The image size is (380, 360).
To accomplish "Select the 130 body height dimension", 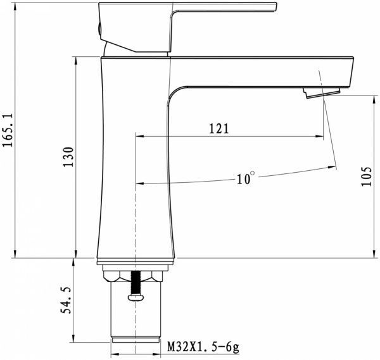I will click(x=69, y=156).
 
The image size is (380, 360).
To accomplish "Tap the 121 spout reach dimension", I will click(x=218, y=129).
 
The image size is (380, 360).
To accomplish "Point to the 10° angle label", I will click(x=246, y=178).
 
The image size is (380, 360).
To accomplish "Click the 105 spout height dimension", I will click(x=365, y=177).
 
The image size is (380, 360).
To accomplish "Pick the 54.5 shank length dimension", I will click(x=65, y=300).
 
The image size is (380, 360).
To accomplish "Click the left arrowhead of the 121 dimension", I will click(x=139, y=136).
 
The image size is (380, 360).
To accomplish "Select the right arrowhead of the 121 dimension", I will click(x=320, y=136).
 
